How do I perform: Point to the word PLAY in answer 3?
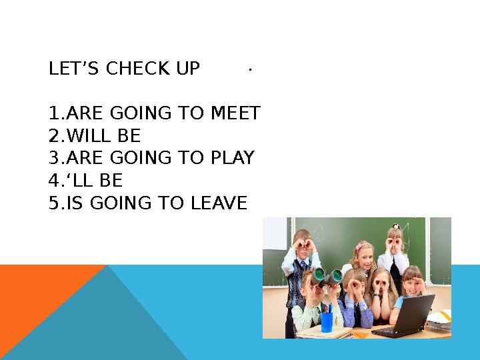tap(233, 158)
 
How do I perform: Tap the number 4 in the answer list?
tap(54, 181)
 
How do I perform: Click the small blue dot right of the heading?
tap(248, 69)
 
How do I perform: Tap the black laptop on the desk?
tap(403, 317)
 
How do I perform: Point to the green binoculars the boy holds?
tap(326, 274)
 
